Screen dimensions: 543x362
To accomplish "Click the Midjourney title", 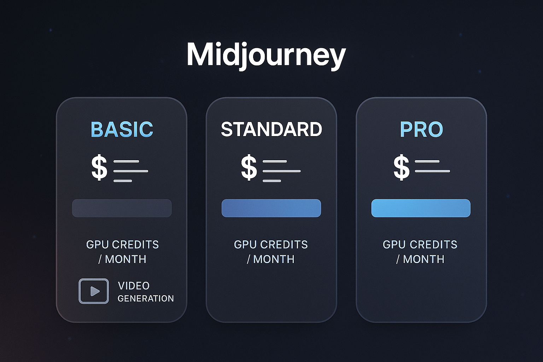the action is click(266, 55).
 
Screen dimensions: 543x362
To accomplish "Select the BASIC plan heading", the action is click(122, 129).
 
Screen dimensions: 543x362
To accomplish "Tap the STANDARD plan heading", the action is click(271, 129).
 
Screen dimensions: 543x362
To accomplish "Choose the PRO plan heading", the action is click(421, 129).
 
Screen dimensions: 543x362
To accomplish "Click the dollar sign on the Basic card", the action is click(99, 167).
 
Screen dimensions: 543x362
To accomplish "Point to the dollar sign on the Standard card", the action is click(249, 167).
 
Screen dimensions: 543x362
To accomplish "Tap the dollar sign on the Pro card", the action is click(402, 167).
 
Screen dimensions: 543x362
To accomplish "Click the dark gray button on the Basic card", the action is click(122, 208).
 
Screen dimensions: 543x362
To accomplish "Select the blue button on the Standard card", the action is click(271, 208).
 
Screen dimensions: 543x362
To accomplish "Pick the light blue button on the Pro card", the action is click(421, 208).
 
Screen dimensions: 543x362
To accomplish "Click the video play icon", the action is click(94, 291).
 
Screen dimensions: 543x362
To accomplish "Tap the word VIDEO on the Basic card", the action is click(134, 286).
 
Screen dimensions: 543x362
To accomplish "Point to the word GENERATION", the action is click(146, 298).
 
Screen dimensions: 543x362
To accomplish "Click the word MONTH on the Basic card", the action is click(125, 259).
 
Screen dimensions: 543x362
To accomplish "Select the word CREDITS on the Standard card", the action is click(284, 244).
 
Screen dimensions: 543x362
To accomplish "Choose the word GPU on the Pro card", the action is click(394, 244).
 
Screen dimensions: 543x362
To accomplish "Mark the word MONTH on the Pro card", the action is click(424, 259).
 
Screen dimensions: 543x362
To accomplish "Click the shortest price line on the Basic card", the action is click(123, 181).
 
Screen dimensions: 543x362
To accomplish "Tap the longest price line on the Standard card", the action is click(282, 171).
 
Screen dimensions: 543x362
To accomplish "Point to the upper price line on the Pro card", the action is click(427, 161).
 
